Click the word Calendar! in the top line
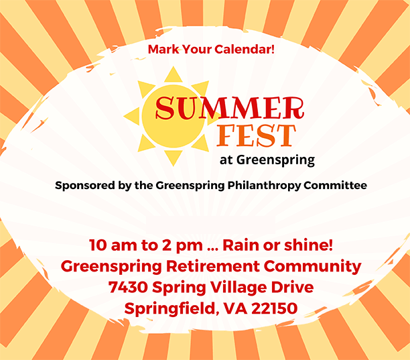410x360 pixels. tap(245, 49)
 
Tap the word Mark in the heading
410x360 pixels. tap(163, 49)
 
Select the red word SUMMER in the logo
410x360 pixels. tap(230, 108)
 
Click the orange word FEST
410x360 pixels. tap(256, 135)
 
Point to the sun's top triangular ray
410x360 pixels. tap(173, 75)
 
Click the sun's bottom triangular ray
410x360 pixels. tap(173, 158)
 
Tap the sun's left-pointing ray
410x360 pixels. tap(133, 116)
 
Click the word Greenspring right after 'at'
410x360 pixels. tap(275, 160)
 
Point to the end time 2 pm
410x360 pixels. tap(182, 246)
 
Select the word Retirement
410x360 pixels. tap(213, 266)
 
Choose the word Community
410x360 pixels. tap(312, 267)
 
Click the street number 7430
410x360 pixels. tap(128, 288)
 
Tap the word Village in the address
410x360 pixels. tap(238, 288)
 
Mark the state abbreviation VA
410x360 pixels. tap(236, 308)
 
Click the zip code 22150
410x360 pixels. tap(275, 308)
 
